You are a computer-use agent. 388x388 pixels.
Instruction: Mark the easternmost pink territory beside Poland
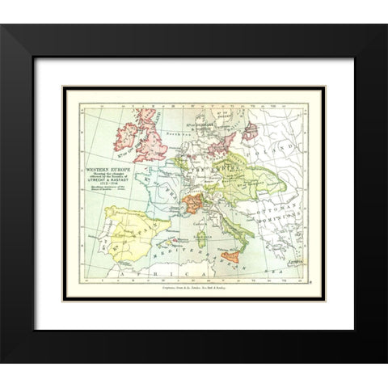pyautogui.click(x=251, y=130)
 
